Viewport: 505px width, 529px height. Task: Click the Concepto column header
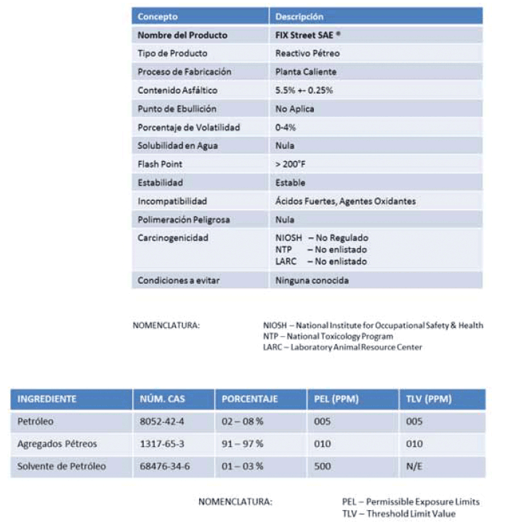point(158,17)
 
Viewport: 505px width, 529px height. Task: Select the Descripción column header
point(299,17)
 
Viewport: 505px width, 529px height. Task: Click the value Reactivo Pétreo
point(307,54)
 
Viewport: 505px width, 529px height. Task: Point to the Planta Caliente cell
point(305,72)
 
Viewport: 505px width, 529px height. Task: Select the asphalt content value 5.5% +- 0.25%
point(304,91)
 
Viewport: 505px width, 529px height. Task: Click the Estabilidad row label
point(160,183)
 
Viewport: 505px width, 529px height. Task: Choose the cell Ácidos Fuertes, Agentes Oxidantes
point(345,201)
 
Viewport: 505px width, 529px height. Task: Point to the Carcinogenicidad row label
point(173,237)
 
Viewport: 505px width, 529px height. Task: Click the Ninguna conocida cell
point(312,280)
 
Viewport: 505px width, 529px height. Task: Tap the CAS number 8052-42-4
point(163,422)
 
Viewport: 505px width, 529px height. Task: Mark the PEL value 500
point(323,466)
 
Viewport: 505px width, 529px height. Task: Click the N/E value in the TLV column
point(414,466)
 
